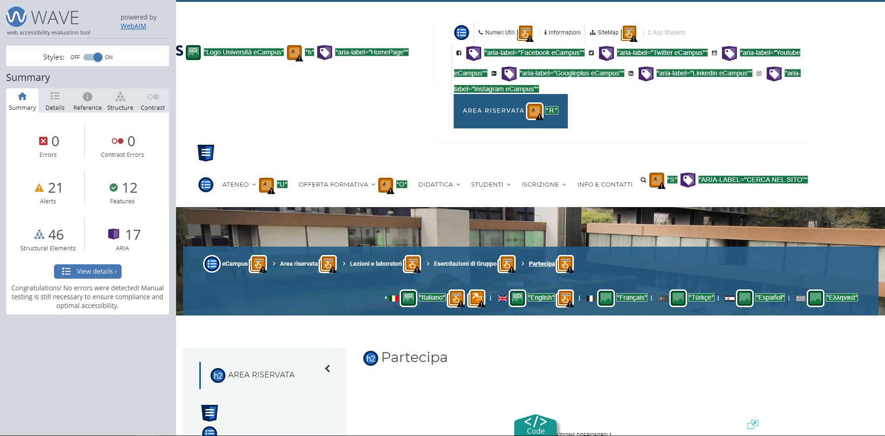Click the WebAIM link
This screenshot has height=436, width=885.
[x=133, y=26]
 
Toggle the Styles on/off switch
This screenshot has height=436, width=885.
[x=93, y=57]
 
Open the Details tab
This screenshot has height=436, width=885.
[x=55, y=101]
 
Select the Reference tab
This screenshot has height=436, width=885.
[x=87, y=101]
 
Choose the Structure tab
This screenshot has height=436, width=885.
[x=120, y=101]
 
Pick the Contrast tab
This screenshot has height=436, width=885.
[x=153, y=101]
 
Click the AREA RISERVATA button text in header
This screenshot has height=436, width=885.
[x=493, y=111]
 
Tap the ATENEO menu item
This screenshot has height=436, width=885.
[x=236, y=185]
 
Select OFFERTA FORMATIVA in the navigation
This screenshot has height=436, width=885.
[x=334, y=185]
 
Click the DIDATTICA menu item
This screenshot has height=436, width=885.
[x=436, y=185]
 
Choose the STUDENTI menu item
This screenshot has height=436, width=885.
[x=487, y=185]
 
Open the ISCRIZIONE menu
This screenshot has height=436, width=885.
[x=540, y=185]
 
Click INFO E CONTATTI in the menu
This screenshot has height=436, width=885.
[x=605, y=185]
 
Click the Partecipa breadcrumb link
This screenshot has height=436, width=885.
[x=542, y=264]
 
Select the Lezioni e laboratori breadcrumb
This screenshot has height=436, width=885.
[x=375, y=264]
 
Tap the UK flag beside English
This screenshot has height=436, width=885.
[x=503, y=298]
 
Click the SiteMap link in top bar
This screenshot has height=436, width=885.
[x=608, y=33]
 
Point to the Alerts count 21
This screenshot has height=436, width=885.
[x=55, y=188]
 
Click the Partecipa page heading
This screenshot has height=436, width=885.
[x=414, y=357]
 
